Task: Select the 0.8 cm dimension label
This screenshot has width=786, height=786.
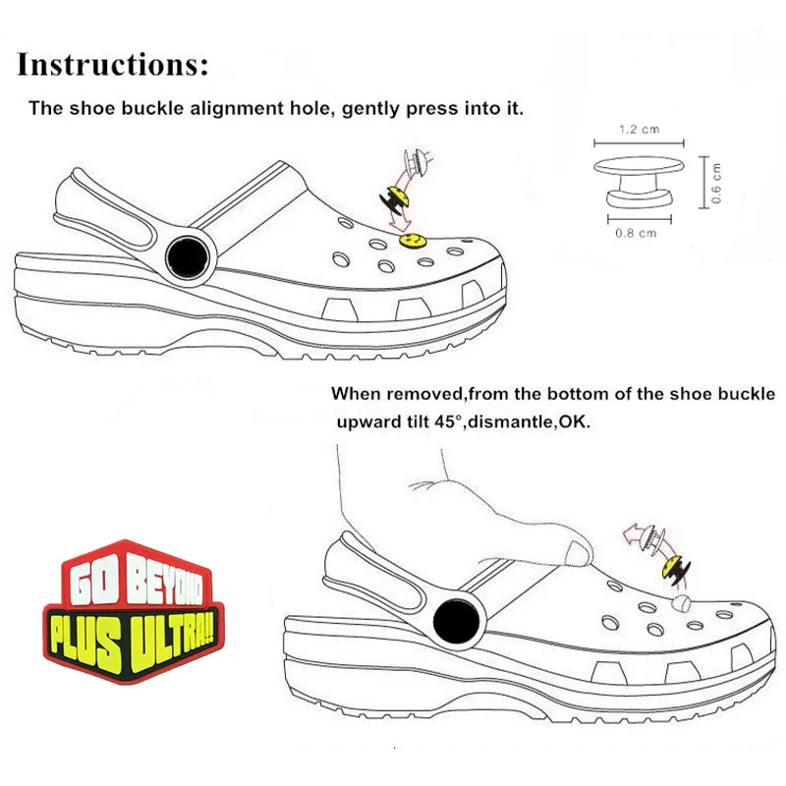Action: click(635, 233)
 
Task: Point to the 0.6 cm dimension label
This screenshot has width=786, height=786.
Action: click(716, 183)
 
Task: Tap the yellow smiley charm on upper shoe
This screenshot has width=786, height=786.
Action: click(414, 238)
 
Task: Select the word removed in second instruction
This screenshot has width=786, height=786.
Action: click(424, 393)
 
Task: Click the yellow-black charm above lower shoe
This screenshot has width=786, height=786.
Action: click(676, 567)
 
